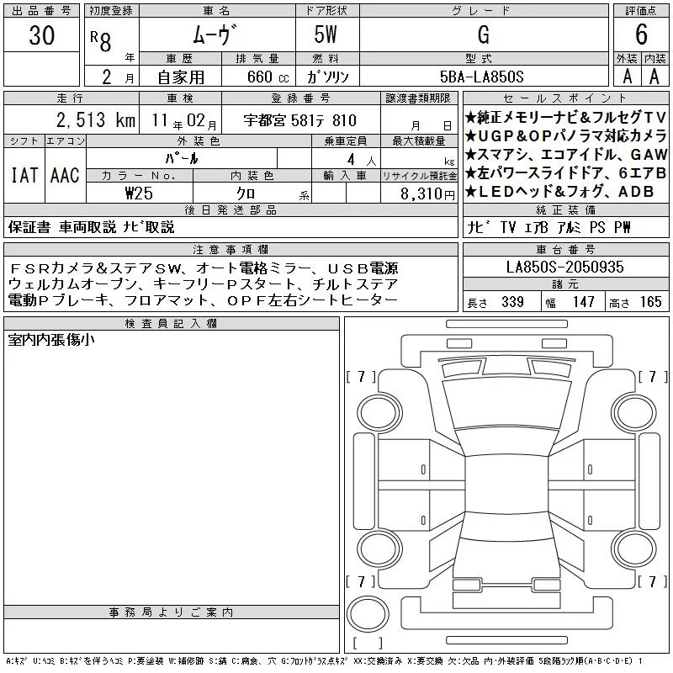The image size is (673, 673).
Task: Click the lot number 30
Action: (41, 34)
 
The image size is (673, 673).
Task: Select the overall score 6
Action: (641, 34)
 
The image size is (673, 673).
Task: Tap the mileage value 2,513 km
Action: (96, 120)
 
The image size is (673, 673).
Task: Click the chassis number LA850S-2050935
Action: (564, 267)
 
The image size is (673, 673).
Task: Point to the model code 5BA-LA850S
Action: (481, 77)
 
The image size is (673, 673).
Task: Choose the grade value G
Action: (483, 34)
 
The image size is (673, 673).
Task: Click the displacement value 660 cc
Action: (268, 77)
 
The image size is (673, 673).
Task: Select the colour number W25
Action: (139, 193)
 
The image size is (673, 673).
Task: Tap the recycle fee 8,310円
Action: (427, 193)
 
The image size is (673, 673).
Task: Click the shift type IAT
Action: (24, 175)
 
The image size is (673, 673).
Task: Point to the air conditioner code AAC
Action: (65, 175)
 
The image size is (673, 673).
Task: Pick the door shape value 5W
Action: (326, 34)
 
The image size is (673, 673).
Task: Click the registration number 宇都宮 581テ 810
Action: (299, 120)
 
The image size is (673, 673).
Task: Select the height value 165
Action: (650, 302)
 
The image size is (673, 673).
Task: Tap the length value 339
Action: (512, 302)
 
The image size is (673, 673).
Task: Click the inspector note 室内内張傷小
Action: (51, 340)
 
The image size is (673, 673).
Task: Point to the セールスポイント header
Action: (564, 98)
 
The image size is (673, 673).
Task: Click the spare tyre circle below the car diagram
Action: (368, 613)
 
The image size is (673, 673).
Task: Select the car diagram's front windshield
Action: (507, 404)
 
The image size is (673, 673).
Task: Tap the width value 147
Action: (583, 302)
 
